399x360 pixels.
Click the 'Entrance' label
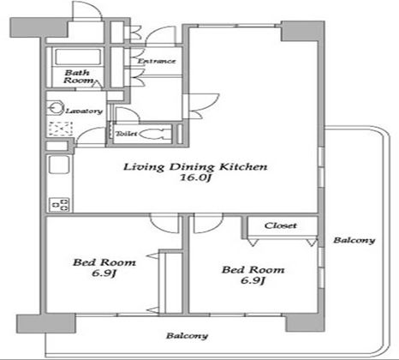point(157,61)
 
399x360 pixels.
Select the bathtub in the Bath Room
point(78,57)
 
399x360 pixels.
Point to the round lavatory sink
point(56,108)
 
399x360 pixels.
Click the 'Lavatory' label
point(84,111)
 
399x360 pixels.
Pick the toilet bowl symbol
point(152,134)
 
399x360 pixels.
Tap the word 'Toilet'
point(126,134)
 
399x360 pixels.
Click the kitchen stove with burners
point(59,205)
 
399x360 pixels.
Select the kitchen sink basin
point(59,164)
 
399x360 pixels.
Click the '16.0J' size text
point(195,177)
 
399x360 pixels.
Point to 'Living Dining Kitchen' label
point(195,166)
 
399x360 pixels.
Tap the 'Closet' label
point(281,225)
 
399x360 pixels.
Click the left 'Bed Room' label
point(104,262)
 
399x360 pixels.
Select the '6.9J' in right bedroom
point(253,280)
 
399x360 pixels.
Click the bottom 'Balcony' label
point(188,336)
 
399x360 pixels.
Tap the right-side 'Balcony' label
point(354,240)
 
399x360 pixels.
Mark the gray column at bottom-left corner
point(45,323)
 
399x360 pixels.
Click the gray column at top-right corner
point(303,31)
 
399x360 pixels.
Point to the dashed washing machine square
point(60,129)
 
